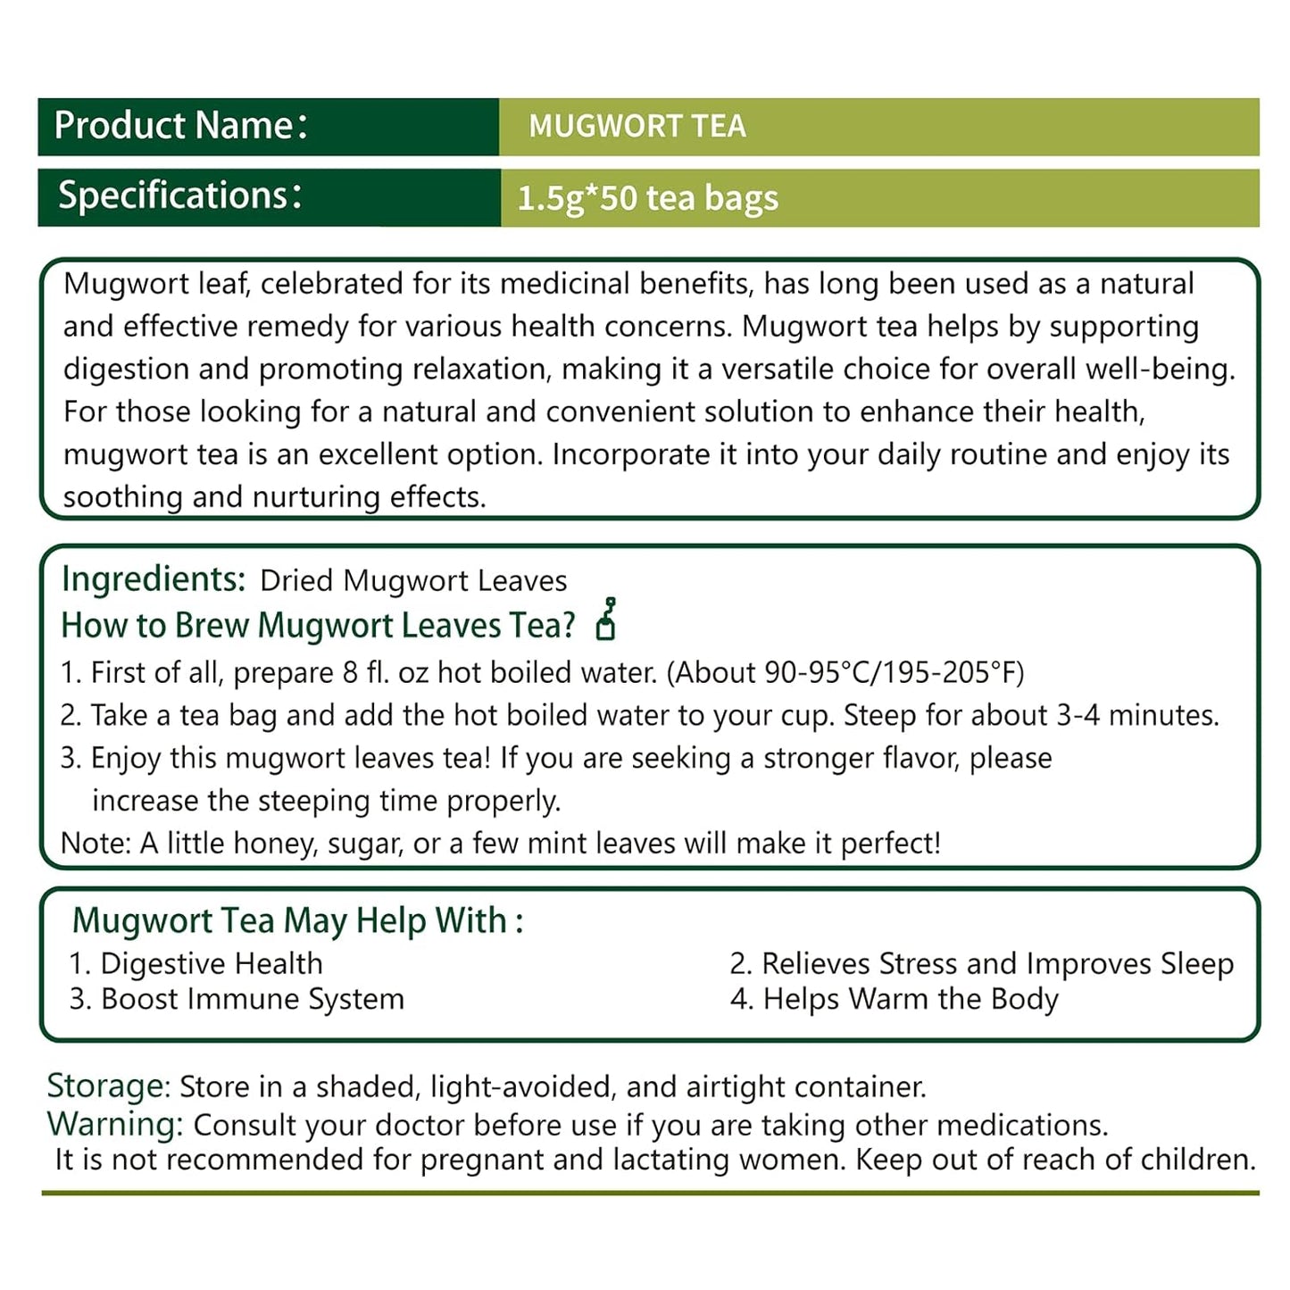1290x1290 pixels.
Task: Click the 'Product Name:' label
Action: click(x=180, y=126)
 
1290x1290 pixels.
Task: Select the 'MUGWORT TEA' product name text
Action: click(x=637, y=127)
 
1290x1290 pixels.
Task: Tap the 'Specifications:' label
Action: click(x=180, y=196)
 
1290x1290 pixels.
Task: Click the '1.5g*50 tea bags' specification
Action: click(x=647, y=198)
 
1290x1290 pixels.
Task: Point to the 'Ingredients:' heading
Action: click(x=154, y=579)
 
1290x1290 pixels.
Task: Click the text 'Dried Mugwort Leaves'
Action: click(x=413, y=581)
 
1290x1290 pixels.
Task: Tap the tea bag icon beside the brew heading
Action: click(x=606, y=620)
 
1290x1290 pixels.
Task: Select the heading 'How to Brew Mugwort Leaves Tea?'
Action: click(x=318, y=626)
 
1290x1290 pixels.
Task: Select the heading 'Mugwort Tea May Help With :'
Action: click(x=297, y=920)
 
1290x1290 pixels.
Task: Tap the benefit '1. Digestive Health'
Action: click(x=196, y=964)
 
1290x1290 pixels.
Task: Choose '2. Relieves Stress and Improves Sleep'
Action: click(x=981, y=964)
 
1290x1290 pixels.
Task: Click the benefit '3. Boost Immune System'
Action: click(x=237, y=999)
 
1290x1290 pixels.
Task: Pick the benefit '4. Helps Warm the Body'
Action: click(x=894, y=999)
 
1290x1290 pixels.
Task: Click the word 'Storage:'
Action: click(x=108, y=1086)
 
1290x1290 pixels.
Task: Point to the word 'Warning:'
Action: click(x=115, y=1124)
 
